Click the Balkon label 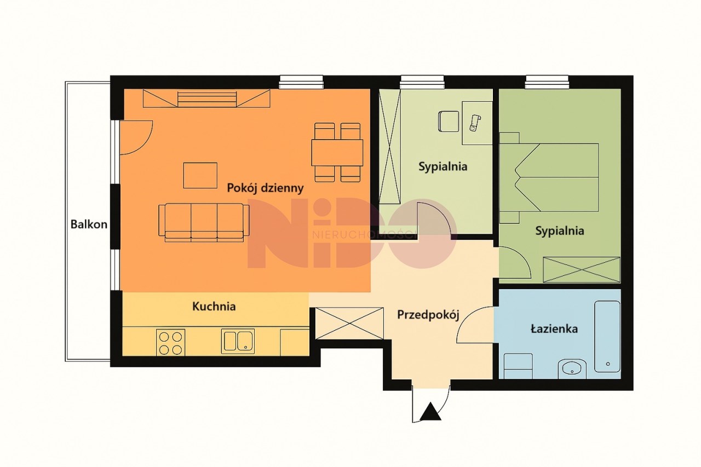click(x=89, y=224)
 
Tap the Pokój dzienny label click(x=265, y=188)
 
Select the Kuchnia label click(x=214, y=306)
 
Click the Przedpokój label click(x=428, y=315)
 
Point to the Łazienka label click(x=554, y=328)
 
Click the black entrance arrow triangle click(x=430, y=411)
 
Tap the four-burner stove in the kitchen click(x=170, y=342)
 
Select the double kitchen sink click(x=238, y=341)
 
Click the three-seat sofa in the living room click(x=204, y=223)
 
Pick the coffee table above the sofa click(x=200, y=176)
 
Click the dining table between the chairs click(x=337, y=153)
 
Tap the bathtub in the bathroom click(x=607, y=337)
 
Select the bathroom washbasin click(x=572, y=369)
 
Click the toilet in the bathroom click(x=518, y=366)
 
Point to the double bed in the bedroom click(x=549, y=177)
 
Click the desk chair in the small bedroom click(x=449, y=121)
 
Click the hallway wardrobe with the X click(x=349, y=324)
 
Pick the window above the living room click(x=301, y=82)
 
